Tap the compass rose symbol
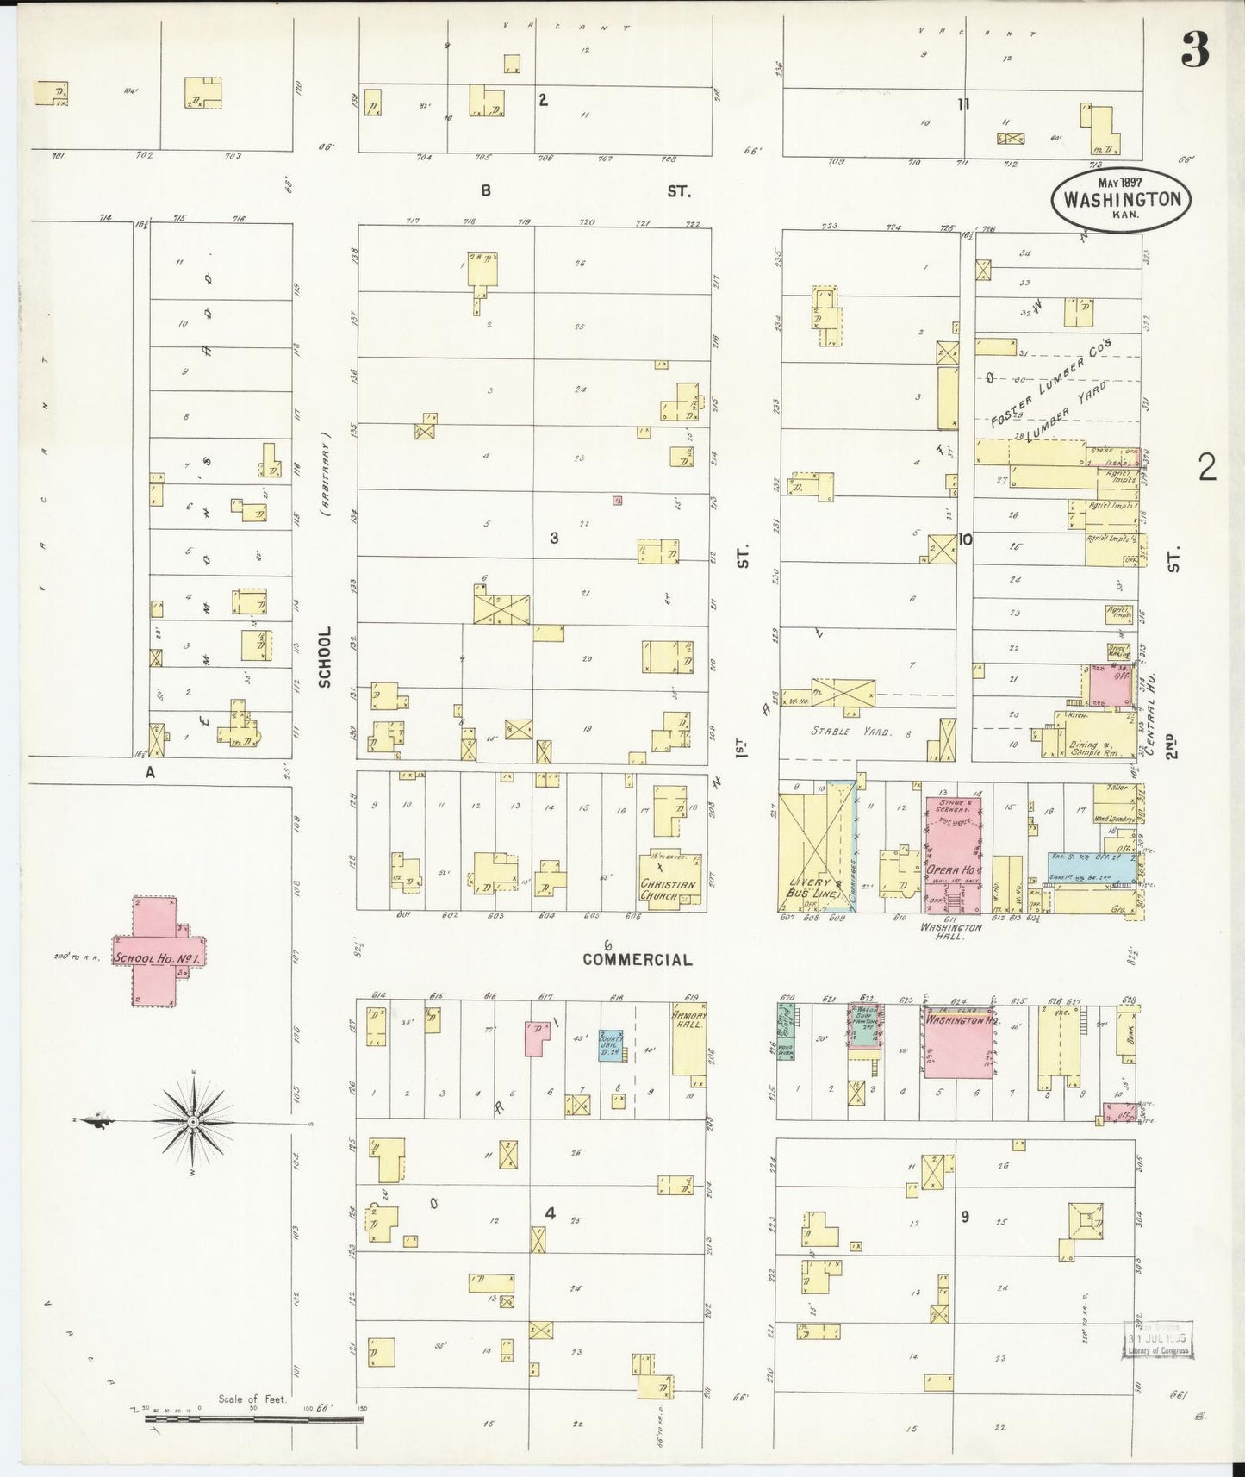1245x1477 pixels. point(193,1121)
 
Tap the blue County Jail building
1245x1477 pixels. point(611,1046)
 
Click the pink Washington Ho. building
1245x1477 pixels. point(956,1040)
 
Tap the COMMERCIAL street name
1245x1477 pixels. point(637,959)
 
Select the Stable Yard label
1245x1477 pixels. point(843,732)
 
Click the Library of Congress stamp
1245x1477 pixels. point(1156,1338)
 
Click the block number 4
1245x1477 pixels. point(550,1213)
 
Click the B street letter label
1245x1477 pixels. point(486,191)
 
